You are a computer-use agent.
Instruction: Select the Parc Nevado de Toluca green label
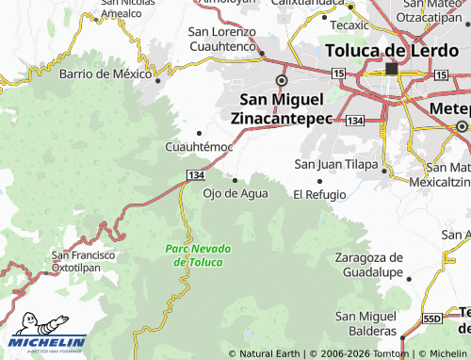coord(194,254)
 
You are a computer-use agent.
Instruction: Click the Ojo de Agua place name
coord(235,194)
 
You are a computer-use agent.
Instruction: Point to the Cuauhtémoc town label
coord(199,148)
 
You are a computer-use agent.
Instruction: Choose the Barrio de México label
coord(106,74)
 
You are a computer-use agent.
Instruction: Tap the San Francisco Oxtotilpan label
coord(83,261)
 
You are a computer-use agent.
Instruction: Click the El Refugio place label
coord(319,194)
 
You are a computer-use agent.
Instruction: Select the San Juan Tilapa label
coord(336,164)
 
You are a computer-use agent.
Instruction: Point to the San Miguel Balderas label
coord(366,323)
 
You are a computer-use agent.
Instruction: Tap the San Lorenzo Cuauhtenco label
coord(222,39)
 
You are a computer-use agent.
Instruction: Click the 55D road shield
coord(432,319)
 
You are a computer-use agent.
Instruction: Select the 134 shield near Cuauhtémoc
coord(195,176)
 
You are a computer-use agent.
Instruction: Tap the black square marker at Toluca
coord(391,69)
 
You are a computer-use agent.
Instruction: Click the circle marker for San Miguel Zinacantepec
coord(280,80)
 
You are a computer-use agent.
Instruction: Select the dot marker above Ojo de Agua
coord(235,180)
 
